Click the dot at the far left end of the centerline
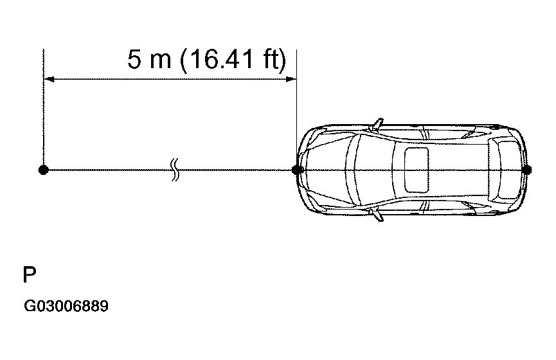coord(43,170)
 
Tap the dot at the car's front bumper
coord(297,170)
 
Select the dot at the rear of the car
coord(527,170)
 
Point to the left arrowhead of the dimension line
coord(49,79)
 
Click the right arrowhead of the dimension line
coord(291,79)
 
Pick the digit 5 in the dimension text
coord(134,59)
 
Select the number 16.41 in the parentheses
coord(219,59)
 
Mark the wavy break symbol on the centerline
coord(175,170)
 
